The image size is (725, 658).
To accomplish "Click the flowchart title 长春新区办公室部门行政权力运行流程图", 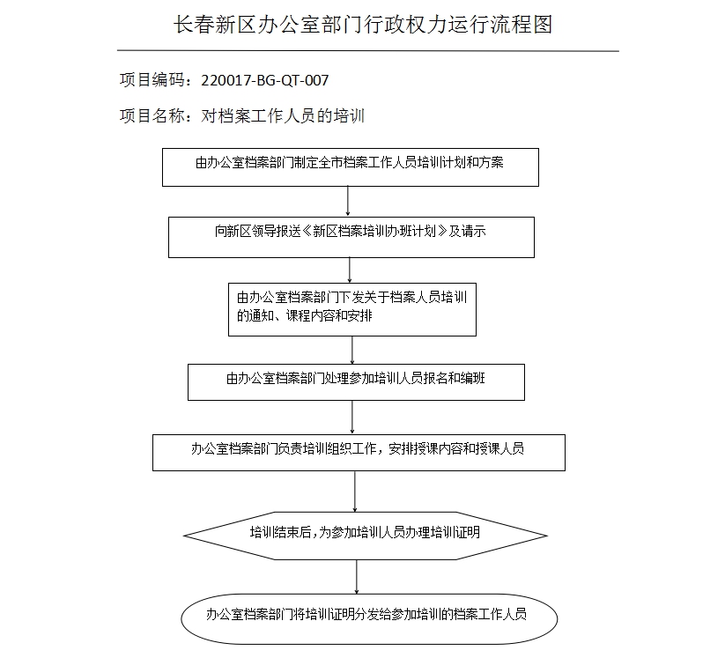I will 364,25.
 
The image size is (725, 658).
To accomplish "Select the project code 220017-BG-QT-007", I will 265,80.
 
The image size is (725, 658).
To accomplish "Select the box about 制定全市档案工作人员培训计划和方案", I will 350,167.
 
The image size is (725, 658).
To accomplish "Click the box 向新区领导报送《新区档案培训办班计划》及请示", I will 351,237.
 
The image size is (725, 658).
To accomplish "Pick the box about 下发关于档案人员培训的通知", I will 351,308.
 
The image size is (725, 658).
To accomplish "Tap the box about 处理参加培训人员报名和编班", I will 356,381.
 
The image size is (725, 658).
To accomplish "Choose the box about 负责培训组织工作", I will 358,451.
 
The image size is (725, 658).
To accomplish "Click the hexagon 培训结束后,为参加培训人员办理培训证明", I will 365,534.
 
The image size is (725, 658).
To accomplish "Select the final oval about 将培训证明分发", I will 367,616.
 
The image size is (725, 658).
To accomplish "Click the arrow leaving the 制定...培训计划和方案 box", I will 349,201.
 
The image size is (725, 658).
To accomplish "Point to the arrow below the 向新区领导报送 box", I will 351,270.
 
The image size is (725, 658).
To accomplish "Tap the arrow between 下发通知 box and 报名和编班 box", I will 352,350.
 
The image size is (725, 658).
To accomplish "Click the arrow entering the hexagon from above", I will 355,491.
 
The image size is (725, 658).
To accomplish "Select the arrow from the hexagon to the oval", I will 357,576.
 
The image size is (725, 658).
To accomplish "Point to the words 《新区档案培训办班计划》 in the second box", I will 374,233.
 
